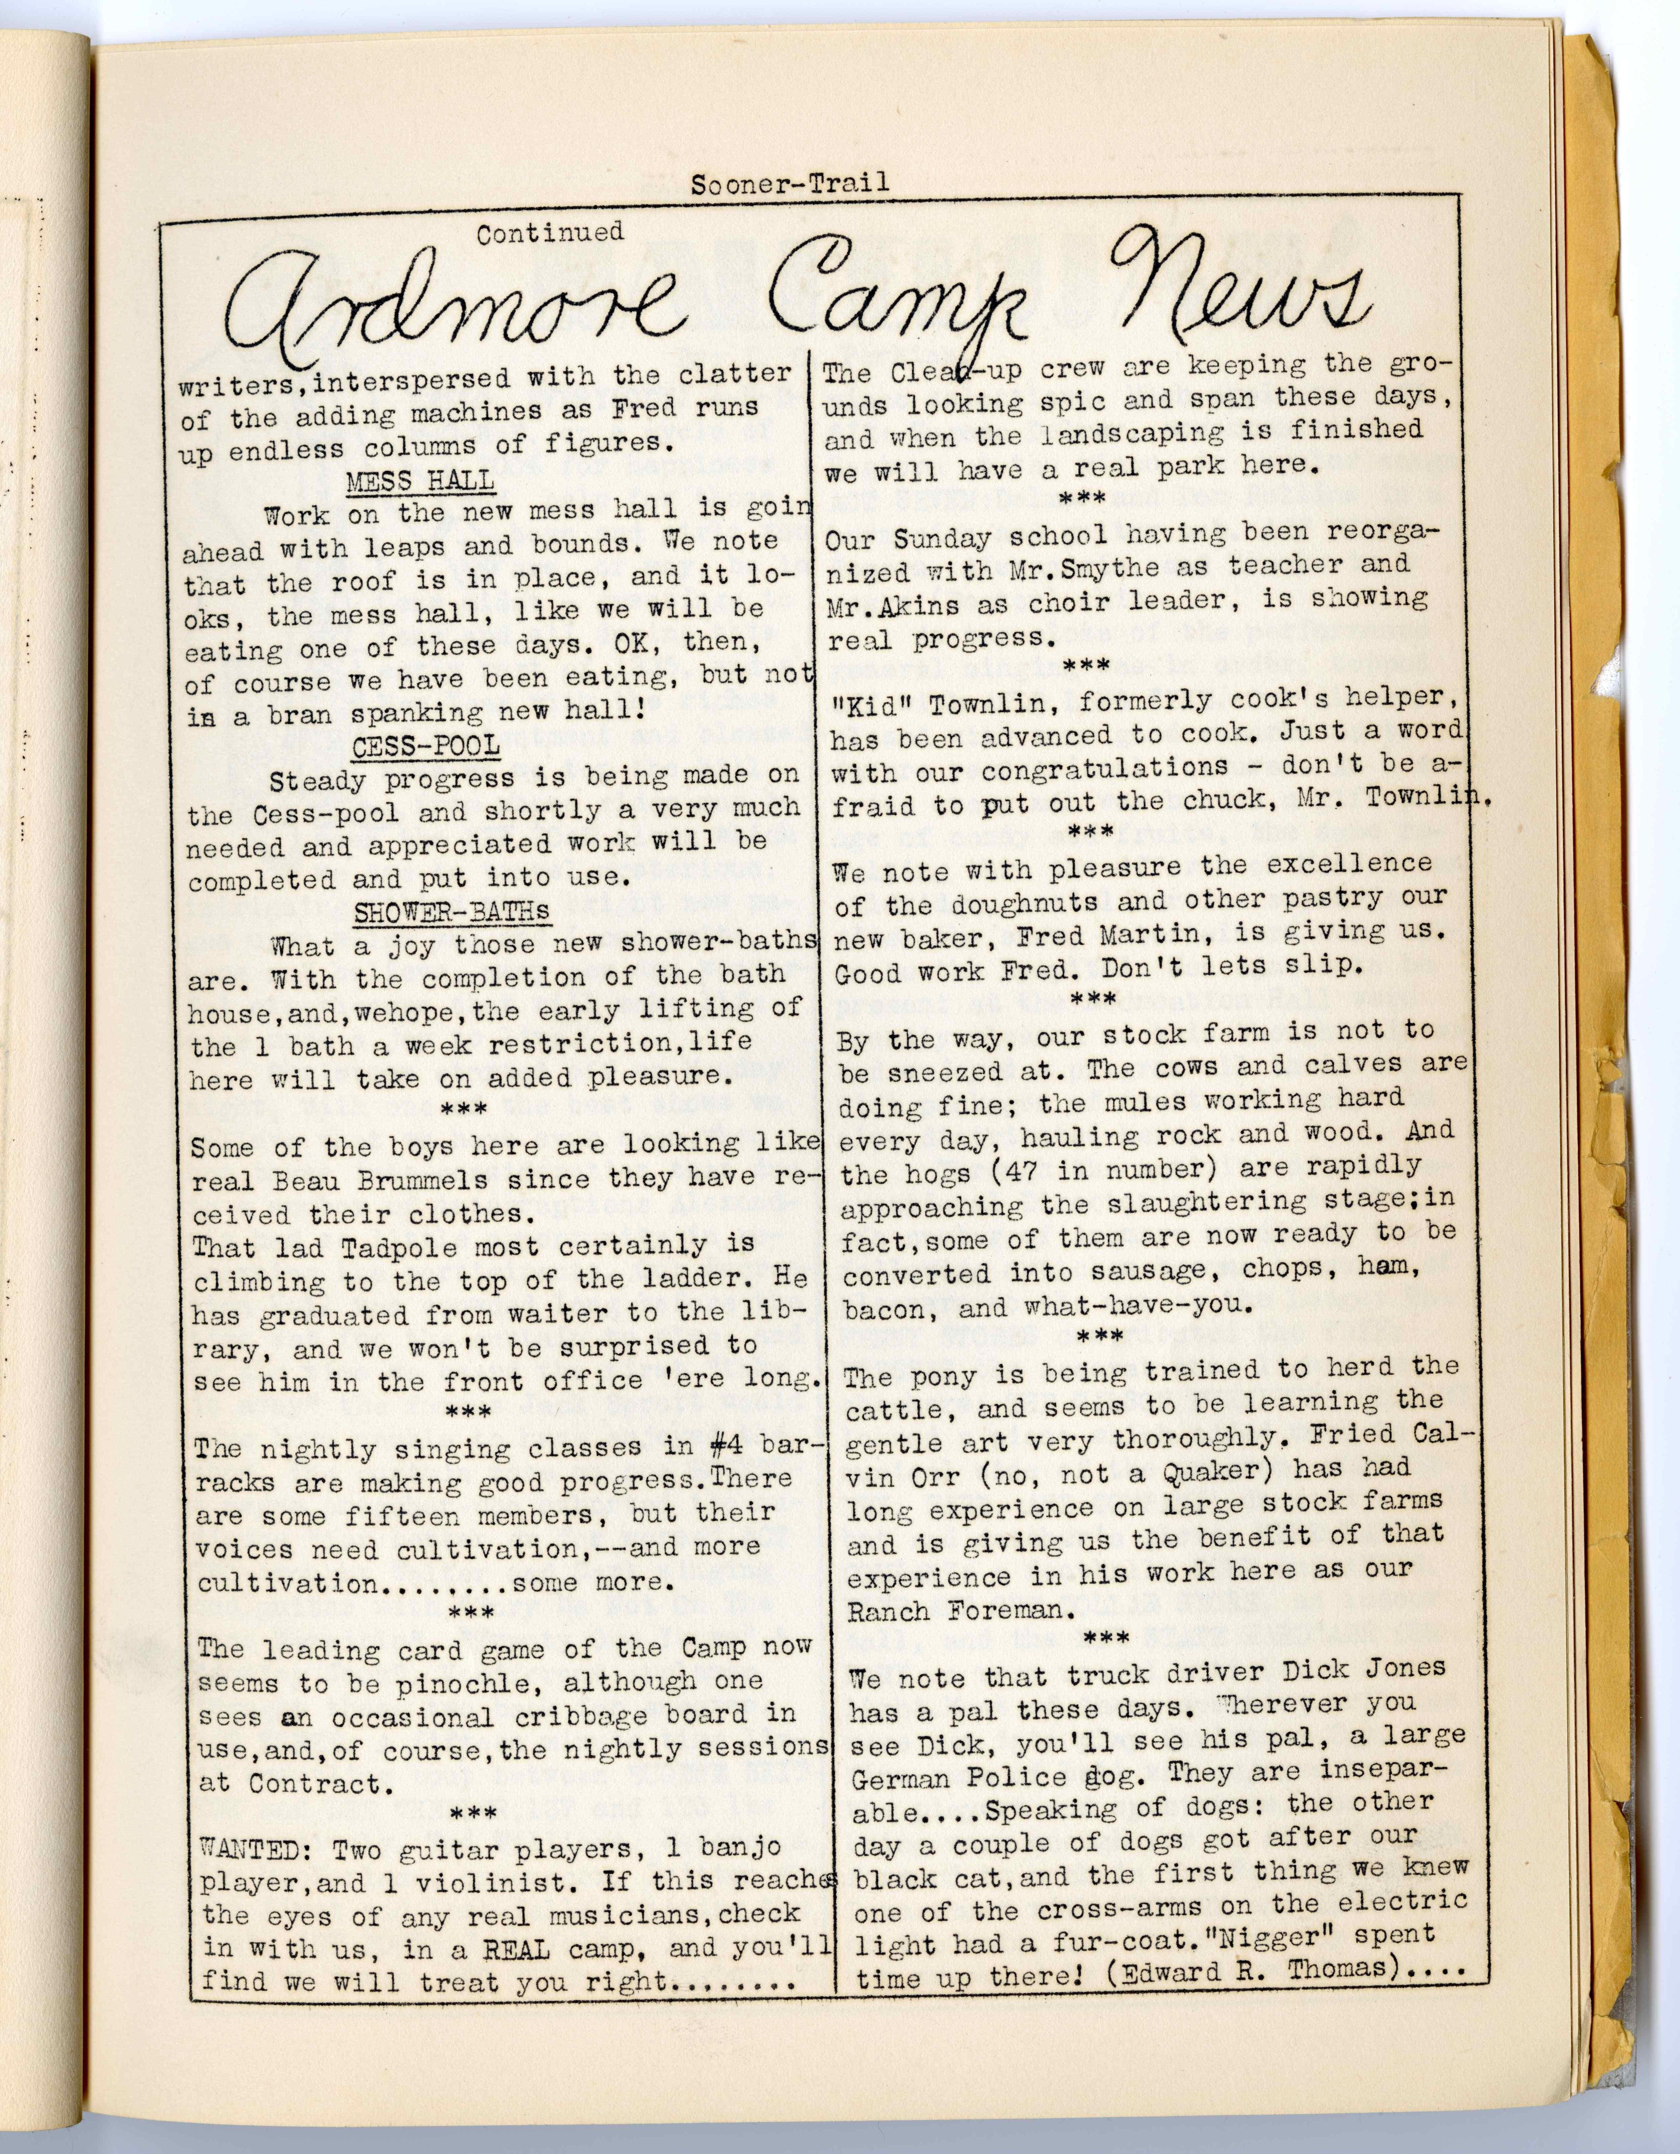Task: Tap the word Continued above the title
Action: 549,234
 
